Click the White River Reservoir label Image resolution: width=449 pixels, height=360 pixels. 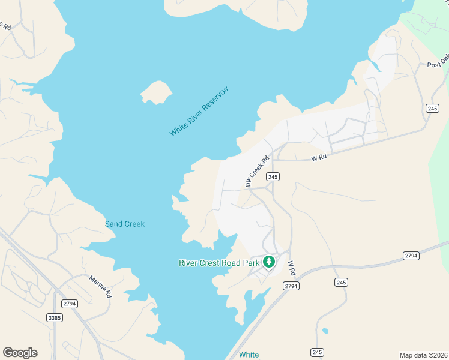click(x=199, y=111)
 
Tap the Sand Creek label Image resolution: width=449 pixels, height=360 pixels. click(x=125, y=224)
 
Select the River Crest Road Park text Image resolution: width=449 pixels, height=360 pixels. click(x=219, y=262)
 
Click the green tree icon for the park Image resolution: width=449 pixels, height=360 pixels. click(x=269, y=261)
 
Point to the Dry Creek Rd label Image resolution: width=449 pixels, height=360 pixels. click(x=255, y=169)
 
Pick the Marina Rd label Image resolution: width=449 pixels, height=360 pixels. click(x=100, y=287)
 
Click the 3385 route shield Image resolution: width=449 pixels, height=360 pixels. click(x=54, y=316)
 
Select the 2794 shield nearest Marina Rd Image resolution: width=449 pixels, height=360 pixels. click(x=70, y=304)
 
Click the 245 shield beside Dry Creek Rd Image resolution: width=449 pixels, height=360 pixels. click(x=273, y=176)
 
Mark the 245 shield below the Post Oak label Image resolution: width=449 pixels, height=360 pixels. click(x=433, y=108)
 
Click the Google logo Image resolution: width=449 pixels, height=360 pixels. click(x=20, y=352)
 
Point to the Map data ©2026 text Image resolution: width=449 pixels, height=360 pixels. click(x=423, y=355)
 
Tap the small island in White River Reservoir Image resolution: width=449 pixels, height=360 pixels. click(x=156, y=92)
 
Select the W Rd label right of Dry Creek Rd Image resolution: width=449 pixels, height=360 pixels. click(x=318, y=158)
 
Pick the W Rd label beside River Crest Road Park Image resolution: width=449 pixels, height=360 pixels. click(x=292, y=268)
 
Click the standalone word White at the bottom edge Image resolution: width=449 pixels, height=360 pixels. click(x=249, y=355)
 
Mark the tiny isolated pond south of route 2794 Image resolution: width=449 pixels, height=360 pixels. click(x=325, y=331)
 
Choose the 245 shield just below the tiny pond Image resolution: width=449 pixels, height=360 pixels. click(x=318, y=352)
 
